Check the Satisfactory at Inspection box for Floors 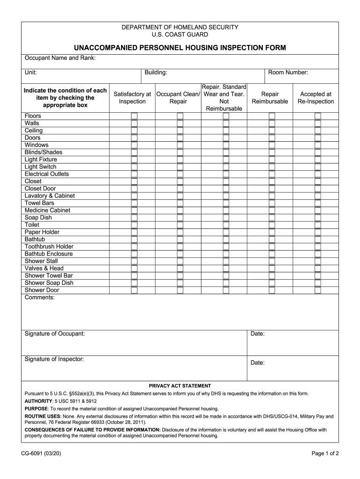pos(134,116)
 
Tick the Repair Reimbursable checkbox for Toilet pos(272,225)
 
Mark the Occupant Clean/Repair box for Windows pos(180,145)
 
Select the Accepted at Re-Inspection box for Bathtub pos(318,239)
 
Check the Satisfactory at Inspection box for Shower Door pos(134,290)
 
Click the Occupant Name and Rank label pos(60,58)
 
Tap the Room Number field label pos(288,73)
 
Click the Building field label pos(156,73)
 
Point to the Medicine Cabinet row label pos(47,210)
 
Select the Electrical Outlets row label pos(46,174)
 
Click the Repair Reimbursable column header pos(270,98)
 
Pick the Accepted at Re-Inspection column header pos(316,98)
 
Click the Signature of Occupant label pos(55,334)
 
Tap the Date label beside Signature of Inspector pos(258,363)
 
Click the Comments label pos(39,298)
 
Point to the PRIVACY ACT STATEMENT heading pos(180,386)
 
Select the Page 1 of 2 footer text pos(325,453)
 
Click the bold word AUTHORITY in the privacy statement pos(38,401)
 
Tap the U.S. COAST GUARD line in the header pos(180,35)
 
